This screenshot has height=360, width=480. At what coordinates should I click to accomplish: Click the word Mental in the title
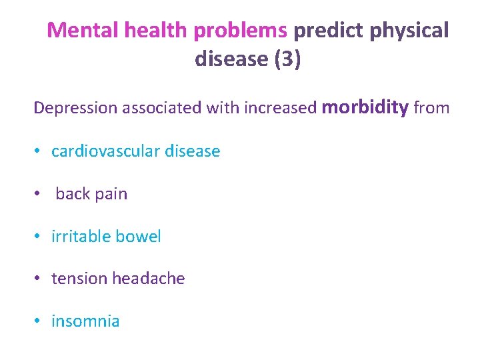[76, 31]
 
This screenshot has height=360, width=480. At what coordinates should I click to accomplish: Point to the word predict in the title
[325, 31]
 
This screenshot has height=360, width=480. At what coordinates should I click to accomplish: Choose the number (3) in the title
[287, 59]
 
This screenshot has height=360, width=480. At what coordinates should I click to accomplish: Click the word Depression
[75, 108]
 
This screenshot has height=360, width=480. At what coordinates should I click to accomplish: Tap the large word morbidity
[365, 107]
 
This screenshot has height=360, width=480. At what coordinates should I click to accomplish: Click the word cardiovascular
[107, 151]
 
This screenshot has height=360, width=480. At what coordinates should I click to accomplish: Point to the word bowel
[139, 237]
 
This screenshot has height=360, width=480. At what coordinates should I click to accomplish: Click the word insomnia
[85, 321]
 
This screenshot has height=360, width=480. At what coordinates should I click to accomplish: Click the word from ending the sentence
[431, 108]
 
